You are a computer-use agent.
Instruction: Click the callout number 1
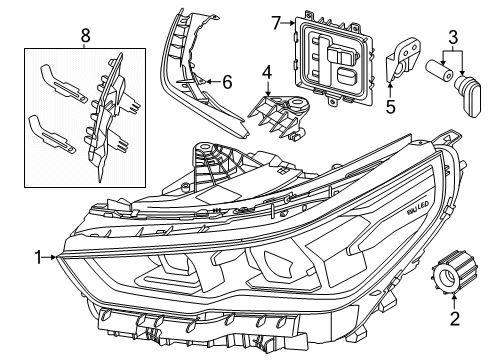point(39,257)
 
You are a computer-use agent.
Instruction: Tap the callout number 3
point(455,38)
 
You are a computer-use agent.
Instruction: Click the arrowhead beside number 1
point(57,257)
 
